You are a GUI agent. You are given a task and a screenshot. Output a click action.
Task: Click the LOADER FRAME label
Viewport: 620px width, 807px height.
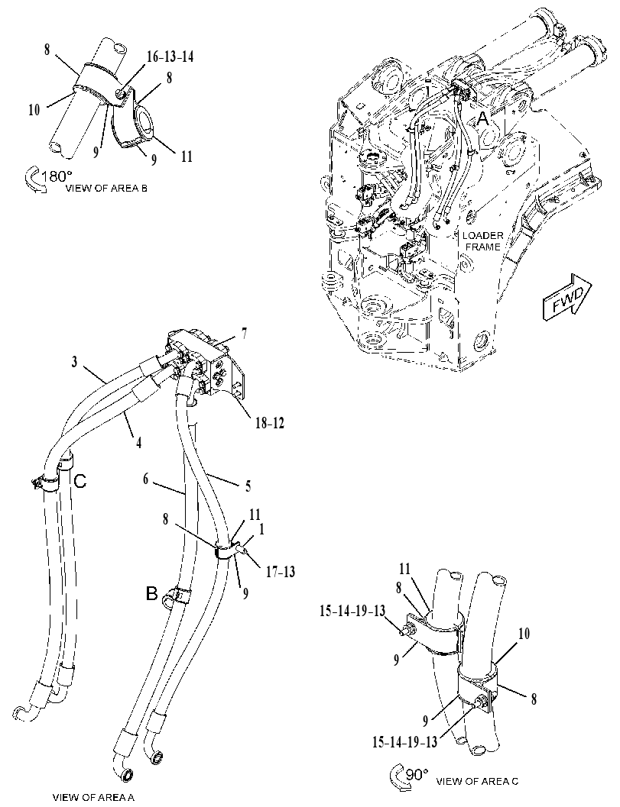point(482,240)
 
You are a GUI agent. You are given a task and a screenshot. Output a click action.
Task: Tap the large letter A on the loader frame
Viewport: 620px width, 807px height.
point(482,119)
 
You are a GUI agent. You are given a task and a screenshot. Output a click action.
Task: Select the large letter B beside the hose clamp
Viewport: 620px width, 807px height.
point(151,594)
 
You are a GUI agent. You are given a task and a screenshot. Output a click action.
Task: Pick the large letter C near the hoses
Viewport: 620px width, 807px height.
point(80,481)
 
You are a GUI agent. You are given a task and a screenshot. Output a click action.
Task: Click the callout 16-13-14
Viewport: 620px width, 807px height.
point(170,56)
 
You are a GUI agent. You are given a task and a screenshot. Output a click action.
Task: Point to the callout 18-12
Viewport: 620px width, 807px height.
point(269,423)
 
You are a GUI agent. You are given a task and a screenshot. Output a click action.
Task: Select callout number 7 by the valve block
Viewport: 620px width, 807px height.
point(244,333)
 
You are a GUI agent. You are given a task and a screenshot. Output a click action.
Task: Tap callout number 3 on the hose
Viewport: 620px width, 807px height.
point(75,362)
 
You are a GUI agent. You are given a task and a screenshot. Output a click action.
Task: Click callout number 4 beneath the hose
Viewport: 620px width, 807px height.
point(138,442)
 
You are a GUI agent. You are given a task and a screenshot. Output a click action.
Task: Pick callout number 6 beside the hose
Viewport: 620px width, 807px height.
point(146,479)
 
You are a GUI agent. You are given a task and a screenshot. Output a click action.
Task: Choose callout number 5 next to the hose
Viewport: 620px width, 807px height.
point(248,486)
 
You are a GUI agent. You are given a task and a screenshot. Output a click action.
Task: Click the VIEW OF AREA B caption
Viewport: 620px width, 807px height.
point(106,189)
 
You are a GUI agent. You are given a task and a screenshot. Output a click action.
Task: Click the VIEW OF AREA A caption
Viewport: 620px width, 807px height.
point(93,797)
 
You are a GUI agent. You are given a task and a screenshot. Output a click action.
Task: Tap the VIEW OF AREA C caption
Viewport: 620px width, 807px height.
point(477,781)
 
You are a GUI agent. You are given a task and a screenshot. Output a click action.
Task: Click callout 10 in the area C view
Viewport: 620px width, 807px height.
point(524,634)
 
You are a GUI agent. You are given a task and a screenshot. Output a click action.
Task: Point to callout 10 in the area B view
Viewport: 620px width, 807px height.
point(34,110)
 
